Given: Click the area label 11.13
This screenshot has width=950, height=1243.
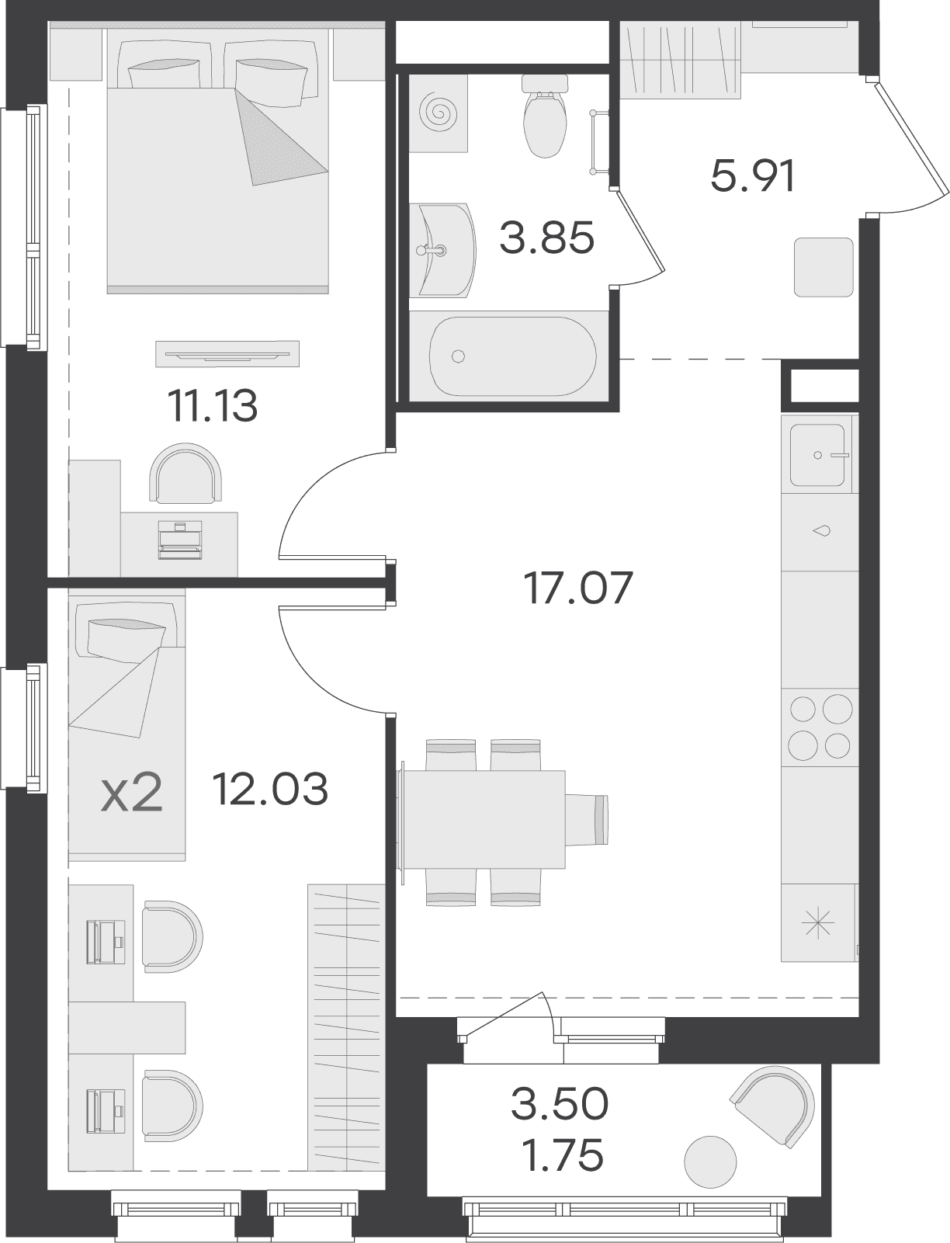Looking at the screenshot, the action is pyautogui.click(x=213, y=406).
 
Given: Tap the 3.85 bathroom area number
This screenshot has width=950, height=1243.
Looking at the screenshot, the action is pyautogui.click(x=546, y=238).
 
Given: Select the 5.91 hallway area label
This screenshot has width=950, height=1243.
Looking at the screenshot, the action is pyautogui.click(x=753, y=176).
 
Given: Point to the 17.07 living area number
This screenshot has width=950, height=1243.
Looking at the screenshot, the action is pyautogui.click(x=578, y=588).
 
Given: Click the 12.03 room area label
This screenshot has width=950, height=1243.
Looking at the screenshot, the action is pyautogui.click(x=270, y=789).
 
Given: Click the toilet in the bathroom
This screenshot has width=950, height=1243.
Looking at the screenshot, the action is pyautogui.click(x=545, y=116).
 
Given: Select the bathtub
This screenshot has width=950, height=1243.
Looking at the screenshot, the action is pyautogui.click(x=512, y=356).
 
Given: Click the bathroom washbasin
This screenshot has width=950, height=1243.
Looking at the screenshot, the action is pyautogui.click(x=445, y=250).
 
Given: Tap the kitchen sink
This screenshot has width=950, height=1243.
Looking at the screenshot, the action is pyautogui.click(x=817, y=455).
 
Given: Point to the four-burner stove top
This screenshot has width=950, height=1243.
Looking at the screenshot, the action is pyautogui.click(x=820, y=727).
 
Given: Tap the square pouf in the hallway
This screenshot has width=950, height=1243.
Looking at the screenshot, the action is pyautogui.click(x=823, y=267).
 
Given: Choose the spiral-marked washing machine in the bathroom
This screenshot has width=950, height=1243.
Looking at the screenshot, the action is pyautogui.click(x=439, y=113).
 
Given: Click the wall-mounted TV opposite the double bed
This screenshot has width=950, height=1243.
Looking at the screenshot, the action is pyautogui.click(x=227, y=354).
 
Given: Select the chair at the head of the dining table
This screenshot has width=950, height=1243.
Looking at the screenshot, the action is pyautogui.click(x=587, y=819).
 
